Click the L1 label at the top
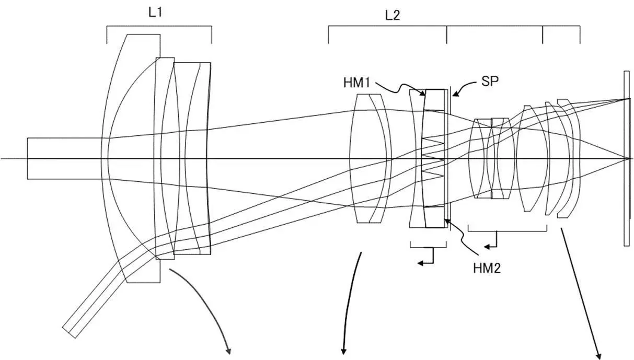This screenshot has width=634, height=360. [x=155, y=13]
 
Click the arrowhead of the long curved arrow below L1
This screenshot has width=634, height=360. [x=228, y=351]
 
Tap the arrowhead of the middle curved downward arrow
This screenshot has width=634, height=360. [x=344, y=351]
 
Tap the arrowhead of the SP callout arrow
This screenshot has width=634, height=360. [x=453, y=95]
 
